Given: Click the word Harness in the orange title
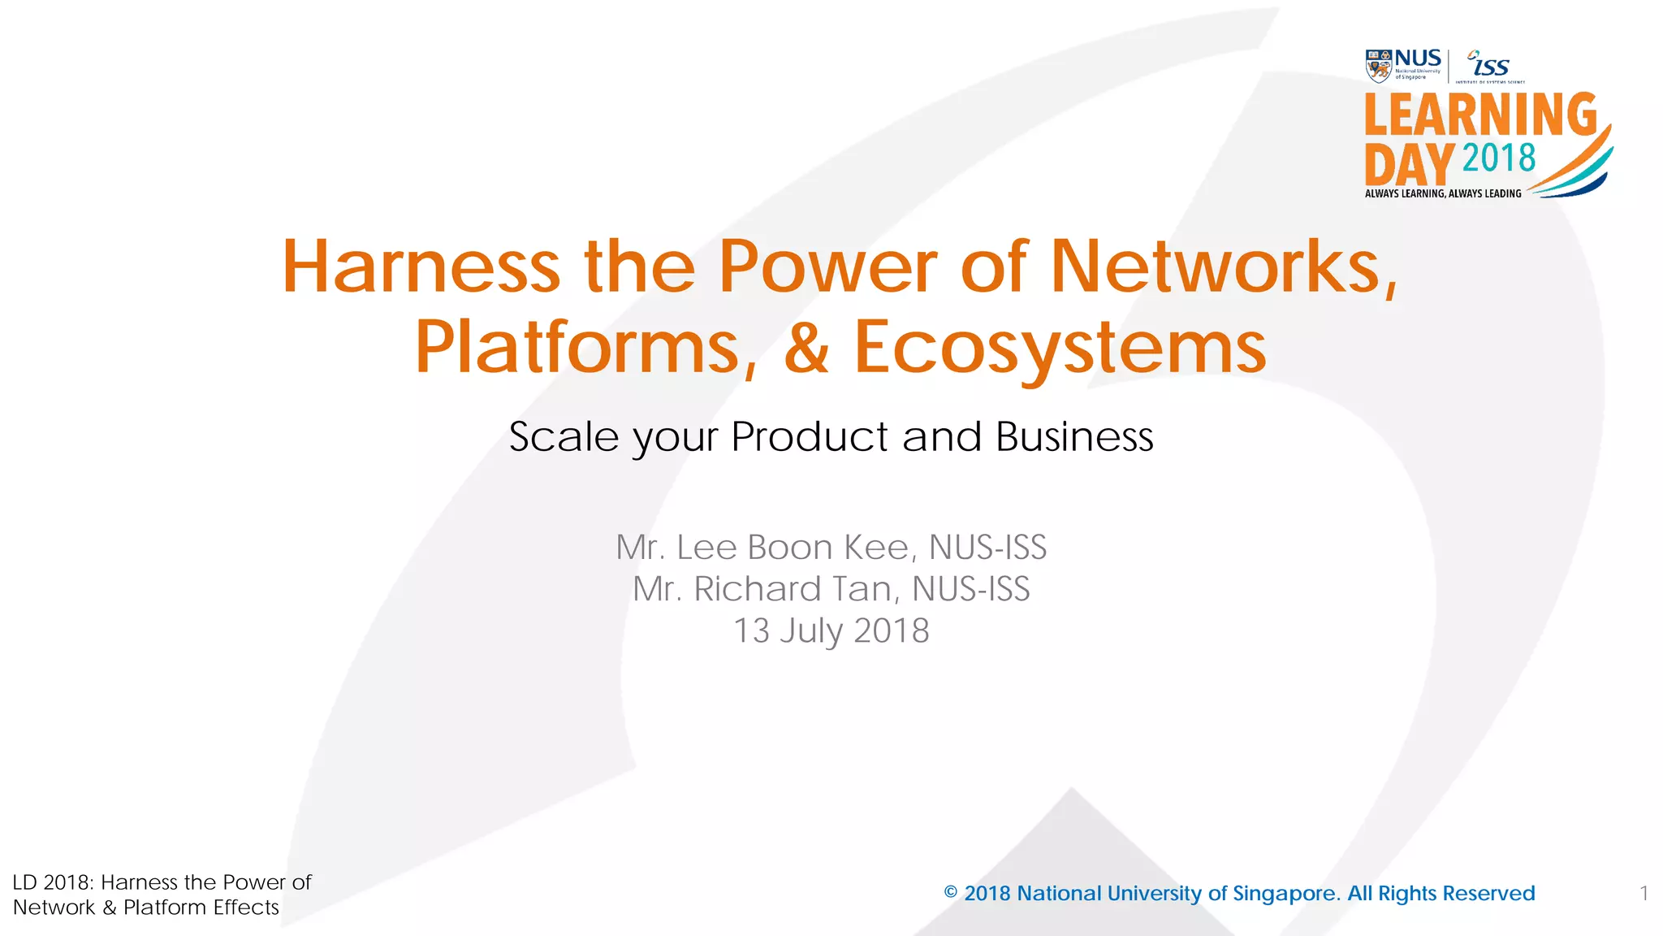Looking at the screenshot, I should tap(421, 266).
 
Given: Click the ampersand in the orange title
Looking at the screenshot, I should tap(806, 348).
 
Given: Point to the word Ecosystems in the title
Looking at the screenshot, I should tap(1060, 348).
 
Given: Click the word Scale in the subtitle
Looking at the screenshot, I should tap(564, 437).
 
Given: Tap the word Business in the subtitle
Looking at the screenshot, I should tap(1073, 437).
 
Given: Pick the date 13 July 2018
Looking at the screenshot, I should tap(831, 631).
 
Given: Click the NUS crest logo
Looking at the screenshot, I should tap(1378, 66).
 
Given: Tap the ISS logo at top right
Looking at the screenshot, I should tap(1489, 65).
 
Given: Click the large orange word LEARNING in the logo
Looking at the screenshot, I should tap(1480, 115).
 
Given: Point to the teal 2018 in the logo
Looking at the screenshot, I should tap(1499, 158).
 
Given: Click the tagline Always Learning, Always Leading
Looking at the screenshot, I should tap(1443, 193).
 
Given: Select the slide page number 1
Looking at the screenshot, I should tap(1644, 894).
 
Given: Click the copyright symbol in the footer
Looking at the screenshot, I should tap(951, 893).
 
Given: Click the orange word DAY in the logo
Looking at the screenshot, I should tap(1409, 165).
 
